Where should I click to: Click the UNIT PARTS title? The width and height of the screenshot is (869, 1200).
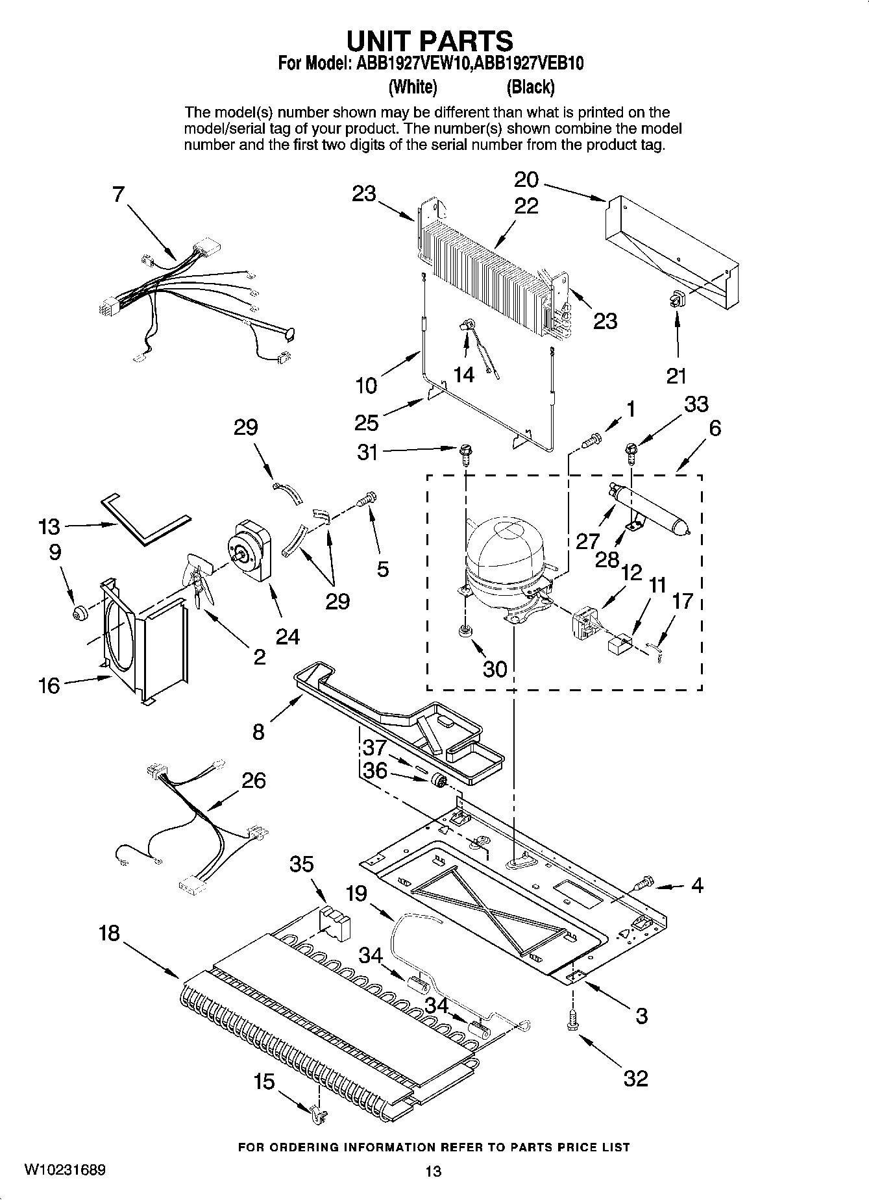click(x=430, y=41)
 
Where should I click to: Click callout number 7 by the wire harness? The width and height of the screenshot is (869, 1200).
click(x=117, y=194)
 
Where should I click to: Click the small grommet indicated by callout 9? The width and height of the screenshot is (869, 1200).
click(x=80, y=612)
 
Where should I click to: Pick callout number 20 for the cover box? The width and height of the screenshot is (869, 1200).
click(x=526, y=179)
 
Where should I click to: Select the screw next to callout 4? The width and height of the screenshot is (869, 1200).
click(x=643, y=883)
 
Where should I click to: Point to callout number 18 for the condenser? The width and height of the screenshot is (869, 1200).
click(x=109, y=933)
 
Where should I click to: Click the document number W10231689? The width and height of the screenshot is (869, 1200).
click(x=65, y=1169)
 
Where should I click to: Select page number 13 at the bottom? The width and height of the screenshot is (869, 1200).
click(x=433, y=1171)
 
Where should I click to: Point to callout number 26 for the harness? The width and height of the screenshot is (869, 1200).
click(x=253, y=779)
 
